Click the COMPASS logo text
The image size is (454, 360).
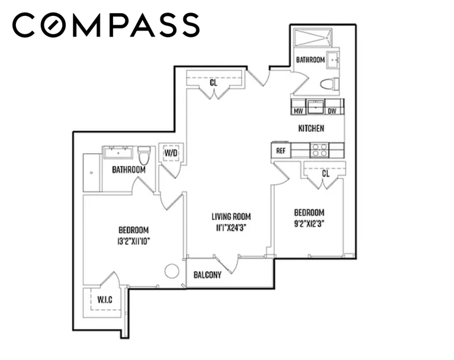[x=106, y=25]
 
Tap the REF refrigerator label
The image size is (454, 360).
[x=281, y=151]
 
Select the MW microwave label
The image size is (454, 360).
[x=299, y=111]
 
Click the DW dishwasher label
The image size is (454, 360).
[x=332, y=111]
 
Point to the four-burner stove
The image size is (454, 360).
[x=320, y=150]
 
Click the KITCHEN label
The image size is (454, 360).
[x=311, y=128]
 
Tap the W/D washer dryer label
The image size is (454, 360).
[x=171, y=153]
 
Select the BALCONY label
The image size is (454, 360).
[x=208, y=275]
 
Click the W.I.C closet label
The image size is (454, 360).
[x=105, y=299]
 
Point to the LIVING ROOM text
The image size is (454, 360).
[x=231, y=217]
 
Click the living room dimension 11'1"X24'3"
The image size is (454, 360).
[x=231, y=228]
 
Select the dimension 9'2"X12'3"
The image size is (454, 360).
[x=309, y=224]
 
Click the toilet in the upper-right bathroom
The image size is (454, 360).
[x=330, y=84]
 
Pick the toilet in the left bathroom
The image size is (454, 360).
[x=144, y=155]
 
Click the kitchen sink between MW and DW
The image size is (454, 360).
[x=316, y=107]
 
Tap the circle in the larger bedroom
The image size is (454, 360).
[x=172, y=271]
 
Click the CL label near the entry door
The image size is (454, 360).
[x=213, y=83]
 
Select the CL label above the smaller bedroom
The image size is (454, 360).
[x=326, y=174]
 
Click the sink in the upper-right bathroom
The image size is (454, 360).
[x=333, y=60]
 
